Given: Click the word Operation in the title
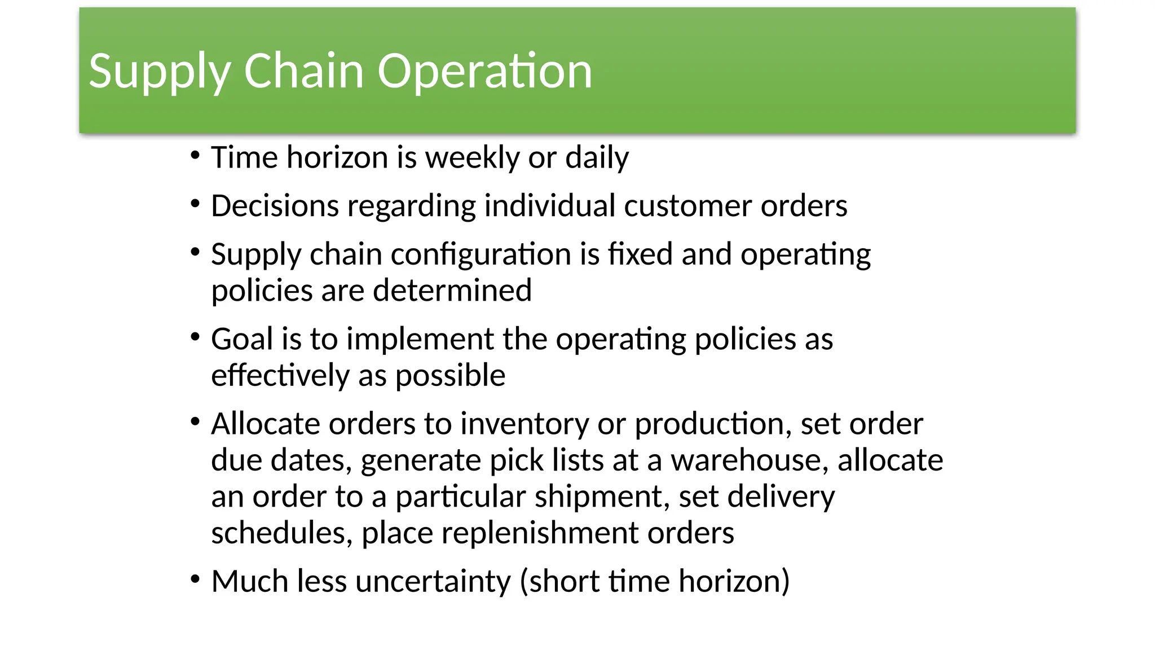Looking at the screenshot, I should (484, 71).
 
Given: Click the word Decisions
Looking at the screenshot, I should (275, 206).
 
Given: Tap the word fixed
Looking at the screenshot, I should (640, 254).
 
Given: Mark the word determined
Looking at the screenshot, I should (452, 291).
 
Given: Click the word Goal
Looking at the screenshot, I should (242, 339).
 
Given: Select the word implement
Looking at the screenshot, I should (420, 340).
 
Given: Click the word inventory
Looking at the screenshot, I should (524, 424).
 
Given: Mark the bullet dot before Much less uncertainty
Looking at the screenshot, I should (195, 579).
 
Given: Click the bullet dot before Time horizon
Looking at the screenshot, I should (195, 155).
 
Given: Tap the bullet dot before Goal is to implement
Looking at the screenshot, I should (195, 337).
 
